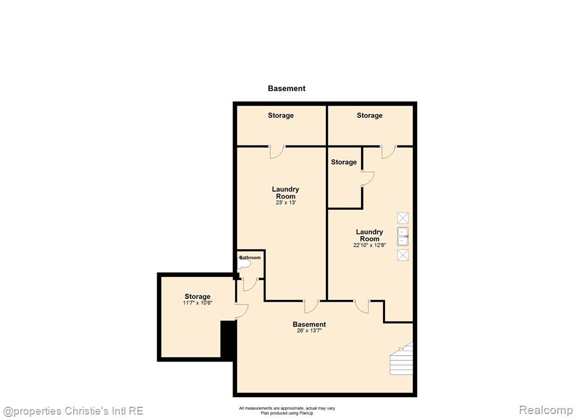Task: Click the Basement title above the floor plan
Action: [286, 88]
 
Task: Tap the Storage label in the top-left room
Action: [281, 116]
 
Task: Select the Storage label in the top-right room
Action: [369, 116]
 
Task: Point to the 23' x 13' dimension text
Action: [286, 203]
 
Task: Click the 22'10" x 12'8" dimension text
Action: [369, 245]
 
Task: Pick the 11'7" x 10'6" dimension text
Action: [198, 303]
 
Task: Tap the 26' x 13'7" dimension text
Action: [309, 331]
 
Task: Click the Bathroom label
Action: [250, 258]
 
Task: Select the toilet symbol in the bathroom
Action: [244, 263]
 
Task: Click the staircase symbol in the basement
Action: [401, 358]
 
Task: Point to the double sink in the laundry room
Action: [403, 236]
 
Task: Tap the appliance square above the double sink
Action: [403, 218]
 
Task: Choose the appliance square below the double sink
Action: [403, 255]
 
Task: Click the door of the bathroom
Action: [250, 285]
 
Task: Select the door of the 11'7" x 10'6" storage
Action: [241, 311]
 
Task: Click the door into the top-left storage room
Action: [277, 152]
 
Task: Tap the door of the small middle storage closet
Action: [367, 179]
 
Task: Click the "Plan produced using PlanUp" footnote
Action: [287, 414]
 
